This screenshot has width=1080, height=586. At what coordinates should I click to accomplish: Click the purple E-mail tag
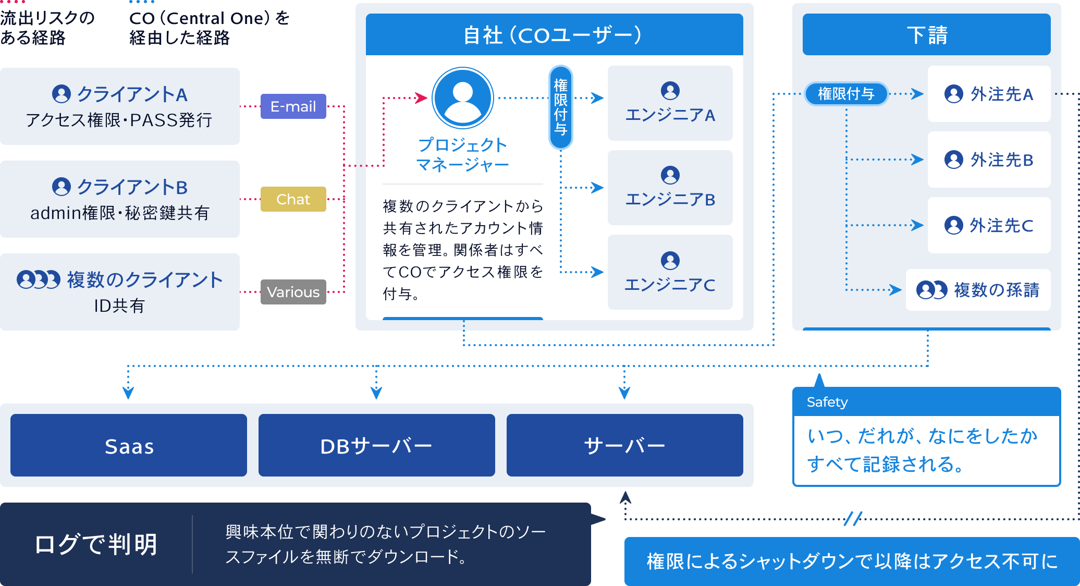point(293,106)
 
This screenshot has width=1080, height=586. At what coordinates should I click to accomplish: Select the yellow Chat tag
point(293,199)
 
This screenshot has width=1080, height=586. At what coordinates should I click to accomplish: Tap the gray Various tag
point(293,292)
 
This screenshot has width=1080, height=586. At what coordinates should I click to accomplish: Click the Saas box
point(129,445)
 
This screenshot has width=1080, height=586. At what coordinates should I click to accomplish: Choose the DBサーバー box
point(377,445)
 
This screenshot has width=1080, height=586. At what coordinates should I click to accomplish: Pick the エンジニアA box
point(670,103)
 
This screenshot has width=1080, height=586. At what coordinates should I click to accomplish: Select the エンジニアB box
point(670,188)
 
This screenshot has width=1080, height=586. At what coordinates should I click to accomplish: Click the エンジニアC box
point(670,272)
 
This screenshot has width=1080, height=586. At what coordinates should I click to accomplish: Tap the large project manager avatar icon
point(463,98)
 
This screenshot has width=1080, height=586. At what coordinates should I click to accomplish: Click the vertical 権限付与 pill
point(561,107)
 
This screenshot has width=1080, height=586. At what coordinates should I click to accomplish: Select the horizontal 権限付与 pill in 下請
point(846,94)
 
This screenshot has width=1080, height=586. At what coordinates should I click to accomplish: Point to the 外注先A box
point(989,94)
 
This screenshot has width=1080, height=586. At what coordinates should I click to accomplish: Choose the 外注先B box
point(989,160)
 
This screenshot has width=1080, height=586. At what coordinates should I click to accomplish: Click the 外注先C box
point(989,225)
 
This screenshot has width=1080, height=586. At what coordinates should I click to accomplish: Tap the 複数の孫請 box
point(978,290)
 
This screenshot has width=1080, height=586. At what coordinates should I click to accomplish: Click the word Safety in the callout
point(827,402)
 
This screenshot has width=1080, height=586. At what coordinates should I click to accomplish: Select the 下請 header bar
point(927,34)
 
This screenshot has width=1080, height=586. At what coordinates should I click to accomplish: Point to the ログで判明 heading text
point(96,544)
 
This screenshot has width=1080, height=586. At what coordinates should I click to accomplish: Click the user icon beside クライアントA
point(62,94)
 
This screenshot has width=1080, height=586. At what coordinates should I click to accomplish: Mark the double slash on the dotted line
point(853,518)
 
